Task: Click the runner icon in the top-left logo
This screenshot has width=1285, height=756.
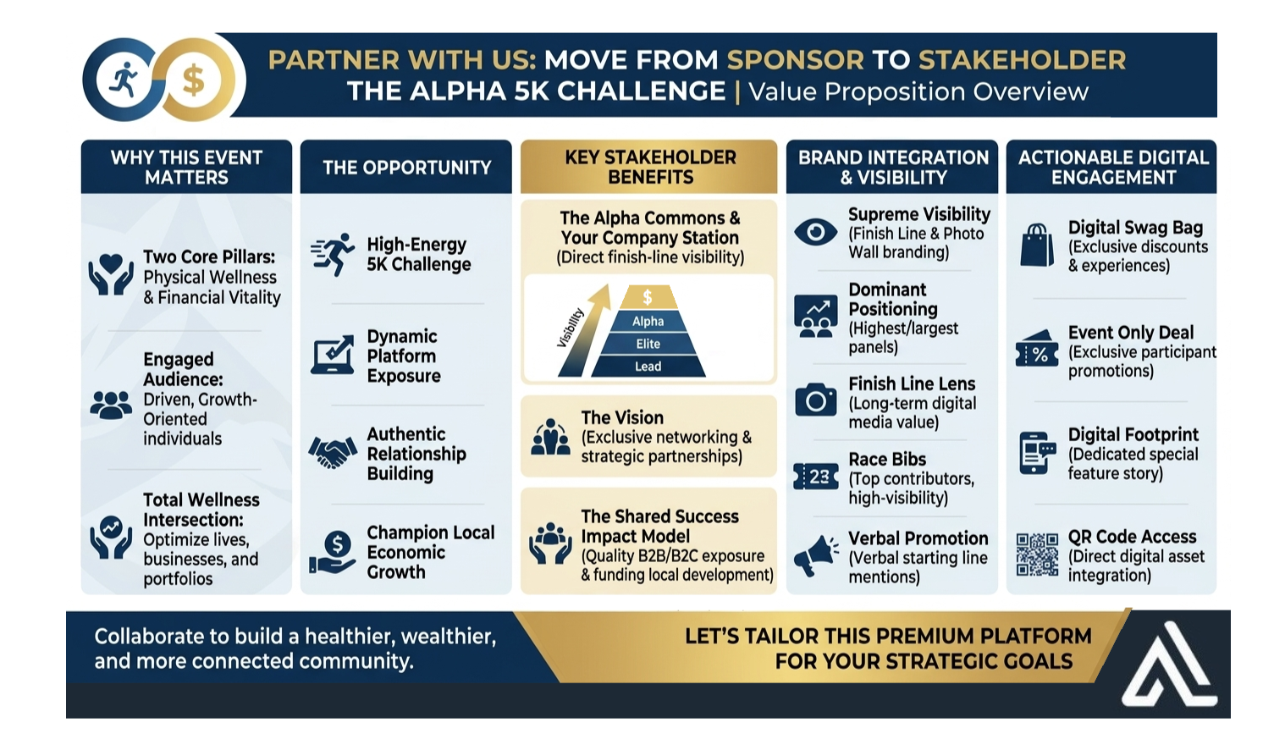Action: coord(124,80)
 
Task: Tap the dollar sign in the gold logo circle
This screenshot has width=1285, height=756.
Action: coord(193,80)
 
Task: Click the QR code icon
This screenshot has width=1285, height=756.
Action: coord(1037,555)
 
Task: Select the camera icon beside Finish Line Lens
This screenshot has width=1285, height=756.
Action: coord(815,400)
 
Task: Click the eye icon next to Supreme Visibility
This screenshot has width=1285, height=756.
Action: coord(815,232)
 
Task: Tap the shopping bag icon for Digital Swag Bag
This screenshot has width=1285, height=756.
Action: coord(1037,245)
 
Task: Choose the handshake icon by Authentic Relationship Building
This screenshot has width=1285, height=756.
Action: coord(332,453)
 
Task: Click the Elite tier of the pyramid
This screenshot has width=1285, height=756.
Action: coord(648,345)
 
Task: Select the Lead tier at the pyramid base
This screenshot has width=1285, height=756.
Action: coord(648,367)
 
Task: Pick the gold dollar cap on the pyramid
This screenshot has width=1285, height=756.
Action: coord(648,297)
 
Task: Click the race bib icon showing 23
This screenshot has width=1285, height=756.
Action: coord(815,476)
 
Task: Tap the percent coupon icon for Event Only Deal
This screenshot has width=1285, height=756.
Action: coord(1037,348)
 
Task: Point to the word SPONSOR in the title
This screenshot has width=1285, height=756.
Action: coord(796,59)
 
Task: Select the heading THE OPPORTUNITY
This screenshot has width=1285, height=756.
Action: coord(406,168)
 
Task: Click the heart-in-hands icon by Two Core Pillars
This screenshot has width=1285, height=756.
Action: coord(111,274)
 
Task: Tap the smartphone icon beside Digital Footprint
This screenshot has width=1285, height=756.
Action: coord(1037,453)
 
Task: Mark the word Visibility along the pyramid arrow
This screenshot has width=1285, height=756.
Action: coord(571,328)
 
